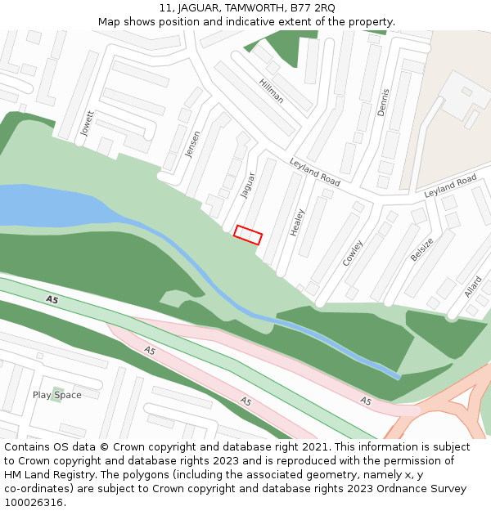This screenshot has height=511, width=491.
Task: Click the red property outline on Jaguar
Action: [248, 235]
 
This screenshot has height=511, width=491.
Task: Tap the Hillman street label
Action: [271, 91]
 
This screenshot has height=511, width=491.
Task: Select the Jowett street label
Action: [88, 123]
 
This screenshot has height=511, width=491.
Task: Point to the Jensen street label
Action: [192, 144]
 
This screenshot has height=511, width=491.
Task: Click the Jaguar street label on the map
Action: [248, 185]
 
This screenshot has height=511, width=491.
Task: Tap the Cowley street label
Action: [353, 253]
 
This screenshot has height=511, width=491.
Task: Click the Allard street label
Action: [473, 287]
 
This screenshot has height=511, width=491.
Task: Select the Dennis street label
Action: [383, 102]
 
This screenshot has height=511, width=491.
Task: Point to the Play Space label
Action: [57, 395]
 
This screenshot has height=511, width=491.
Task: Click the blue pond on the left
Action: [49, 204]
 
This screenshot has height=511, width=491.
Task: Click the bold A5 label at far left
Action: [52, 300]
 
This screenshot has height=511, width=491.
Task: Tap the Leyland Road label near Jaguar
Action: [314, 172]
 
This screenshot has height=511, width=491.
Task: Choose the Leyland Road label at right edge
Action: [450, 186]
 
